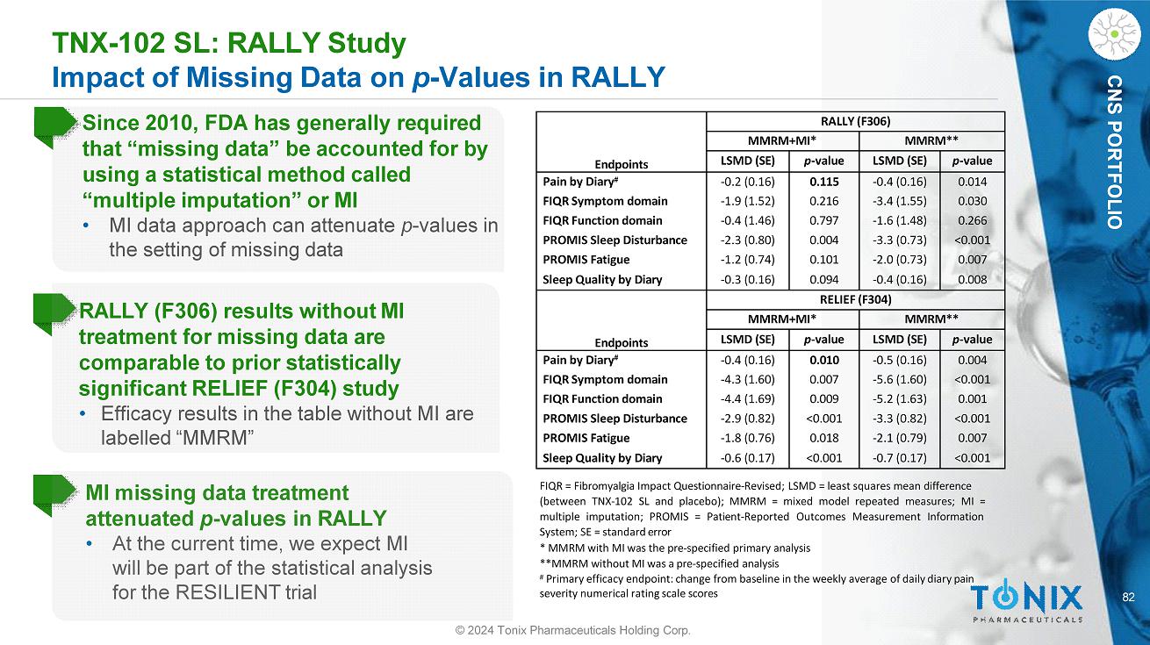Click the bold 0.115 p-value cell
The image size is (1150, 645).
(x=824, y=181)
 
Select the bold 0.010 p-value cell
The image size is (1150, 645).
(x=824, y=360)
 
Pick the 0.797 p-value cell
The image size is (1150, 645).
(x=824, y=220)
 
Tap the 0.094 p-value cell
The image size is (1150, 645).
(x=824, y=280)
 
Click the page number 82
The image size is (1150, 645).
(x=1129, y=598)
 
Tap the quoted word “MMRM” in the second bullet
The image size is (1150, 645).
(x=216, y=437)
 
